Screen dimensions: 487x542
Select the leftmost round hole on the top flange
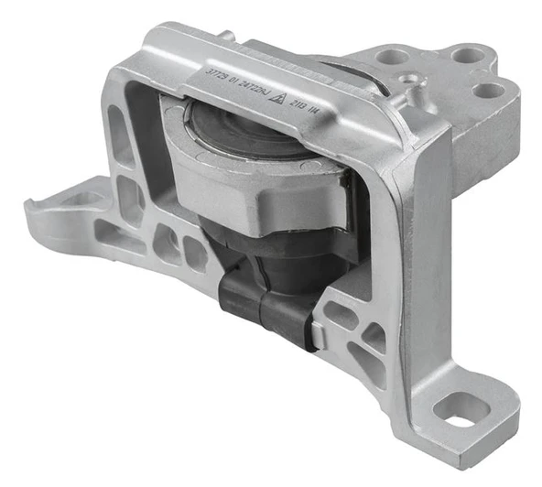pos(393,57)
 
